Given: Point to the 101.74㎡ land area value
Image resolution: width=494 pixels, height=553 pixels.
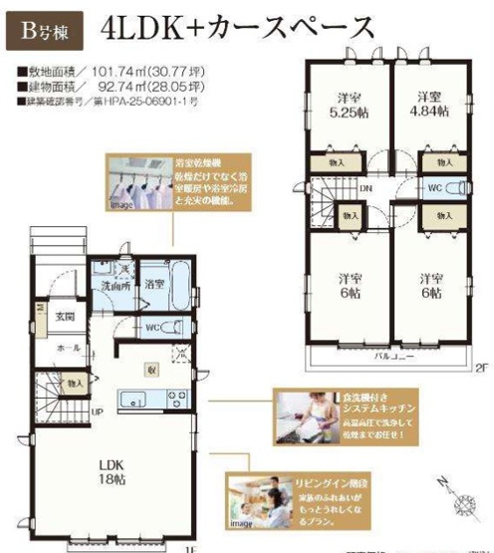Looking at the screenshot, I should coord(110,72).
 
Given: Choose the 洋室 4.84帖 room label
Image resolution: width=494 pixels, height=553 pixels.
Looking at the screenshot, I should coord(430,105).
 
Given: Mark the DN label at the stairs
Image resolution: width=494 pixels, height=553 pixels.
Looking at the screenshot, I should coord(367,186).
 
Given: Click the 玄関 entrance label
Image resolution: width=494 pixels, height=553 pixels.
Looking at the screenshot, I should coord(65,316).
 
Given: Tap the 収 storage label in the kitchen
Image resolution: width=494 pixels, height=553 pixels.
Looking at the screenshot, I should coord(151,367).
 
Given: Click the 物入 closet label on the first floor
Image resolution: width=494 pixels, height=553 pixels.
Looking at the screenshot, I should coord(76,382).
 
